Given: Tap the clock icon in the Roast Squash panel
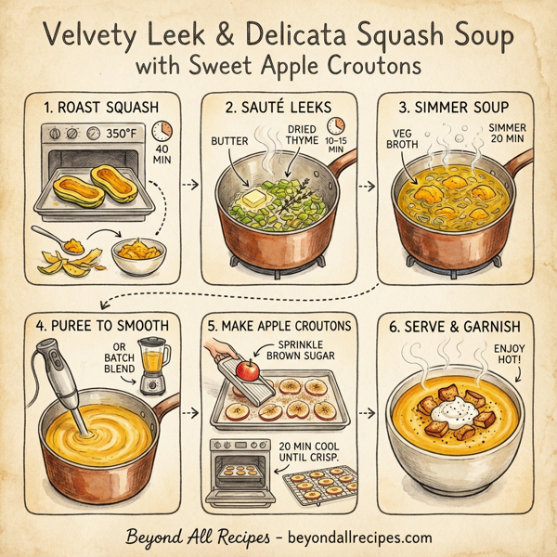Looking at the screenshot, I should [x=162, y=131].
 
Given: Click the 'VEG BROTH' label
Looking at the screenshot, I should [x=401, y=137].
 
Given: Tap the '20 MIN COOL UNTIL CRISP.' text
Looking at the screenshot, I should [x=305, y=455].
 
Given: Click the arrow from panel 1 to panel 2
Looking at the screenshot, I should [x=189, y=185].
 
